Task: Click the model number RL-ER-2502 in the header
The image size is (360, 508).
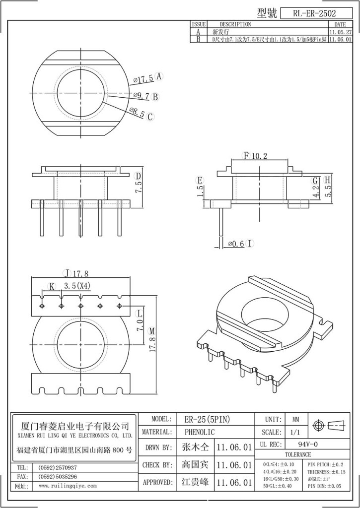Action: [314, 14]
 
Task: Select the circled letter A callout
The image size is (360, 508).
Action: [159, 77]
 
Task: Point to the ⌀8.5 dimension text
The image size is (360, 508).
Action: [137, 113]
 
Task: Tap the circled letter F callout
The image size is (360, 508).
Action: [245, 156]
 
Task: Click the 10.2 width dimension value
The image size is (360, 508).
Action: [260, 156]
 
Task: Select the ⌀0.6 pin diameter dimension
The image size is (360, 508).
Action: [236, 244]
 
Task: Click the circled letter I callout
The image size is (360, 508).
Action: [250, 244]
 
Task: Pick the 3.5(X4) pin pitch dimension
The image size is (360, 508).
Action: [77, 286]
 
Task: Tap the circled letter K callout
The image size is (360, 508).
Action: [52, 286]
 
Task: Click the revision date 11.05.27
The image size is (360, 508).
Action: [340, 31]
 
